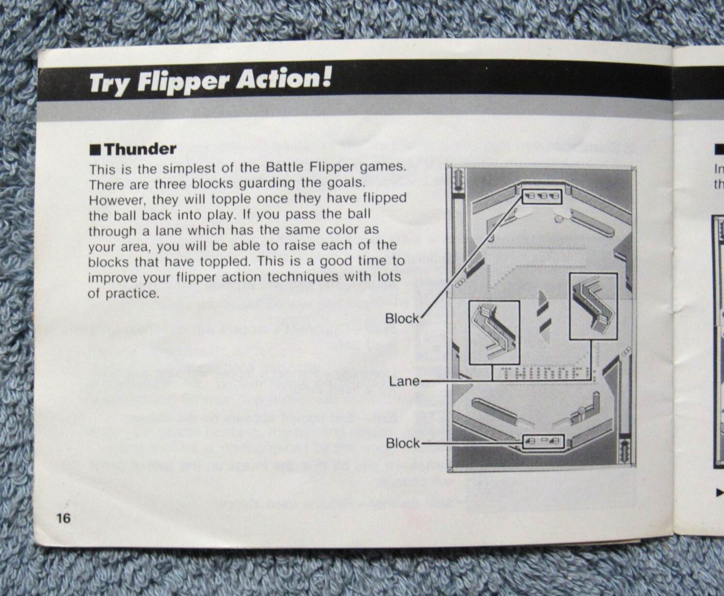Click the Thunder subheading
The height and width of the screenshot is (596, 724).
coord(140,149)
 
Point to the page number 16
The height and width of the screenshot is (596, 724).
coord(63,518)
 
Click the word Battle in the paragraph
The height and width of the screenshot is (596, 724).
coord(284,168)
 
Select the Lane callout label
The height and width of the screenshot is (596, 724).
coord(404,381)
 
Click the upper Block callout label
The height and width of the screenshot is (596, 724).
coord(402,318)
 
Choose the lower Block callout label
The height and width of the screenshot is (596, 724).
coord(403,443)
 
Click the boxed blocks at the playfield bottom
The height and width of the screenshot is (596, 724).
coord(543,441)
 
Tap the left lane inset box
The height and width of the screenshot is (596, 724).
coord(494,332)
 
